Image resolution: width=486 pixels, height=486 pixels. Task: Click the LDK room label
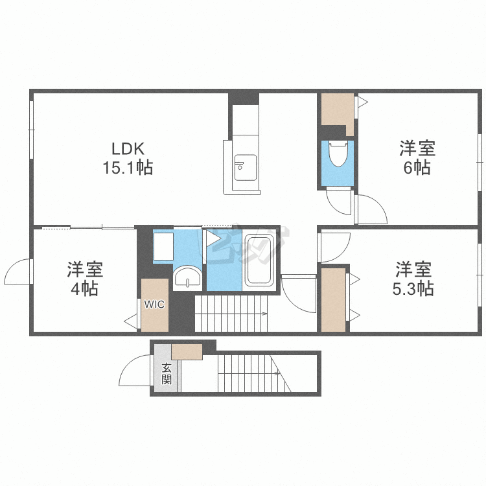128,149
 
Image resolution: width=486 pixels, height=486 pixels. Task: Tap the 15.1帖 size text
128,168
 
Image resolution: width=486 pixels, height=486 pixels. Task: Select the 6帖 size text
417,167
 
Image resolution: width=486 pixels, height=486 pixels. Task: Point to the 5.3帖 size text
413,288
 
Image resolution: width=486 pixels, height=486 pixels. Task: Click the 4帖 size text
85,288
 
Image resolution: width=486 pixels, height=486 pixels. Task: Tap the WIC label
154,305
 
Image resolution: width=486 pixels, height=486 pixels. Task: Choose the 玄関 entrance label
167,374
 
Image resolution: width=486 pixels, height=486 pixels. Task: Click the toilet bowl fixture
338,154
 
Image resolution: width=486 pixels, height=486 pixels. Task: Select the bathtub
259,260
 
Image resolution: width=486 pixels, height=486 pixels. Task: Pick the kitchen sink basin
245,167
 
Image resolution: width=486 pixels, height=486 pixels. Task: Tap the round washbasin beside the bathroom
187,277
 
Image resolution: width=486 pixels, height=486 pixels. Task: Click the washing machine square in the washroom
163,246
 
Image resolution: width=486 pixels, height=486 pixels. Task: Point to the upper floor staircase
231,314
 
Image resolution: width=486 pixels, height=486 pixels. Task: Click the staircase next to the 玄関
254,373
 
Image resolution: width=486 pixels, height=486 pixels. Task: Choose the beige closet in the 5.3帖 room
334,300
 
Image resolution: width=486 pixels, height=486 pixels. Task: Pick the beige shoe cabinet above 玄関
187,352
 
